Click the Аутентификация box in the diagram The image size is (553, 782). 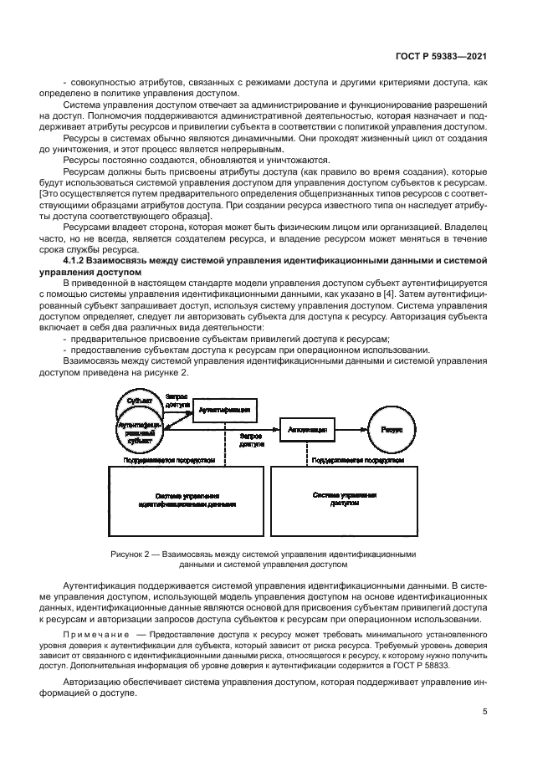223,410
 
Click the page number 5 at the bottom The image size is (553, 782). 485,712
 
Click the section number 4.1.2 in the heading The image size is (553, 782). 79,262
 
